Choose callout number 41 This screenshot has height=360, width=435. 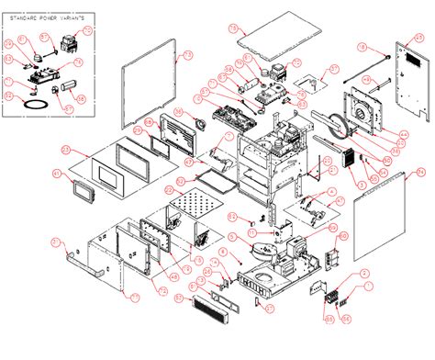click(x=56, y=173)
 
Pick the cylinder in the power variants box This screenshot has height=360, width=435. click(x=57, y=89)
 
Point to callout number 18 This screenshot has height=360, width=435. click(x=362, y=46)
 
